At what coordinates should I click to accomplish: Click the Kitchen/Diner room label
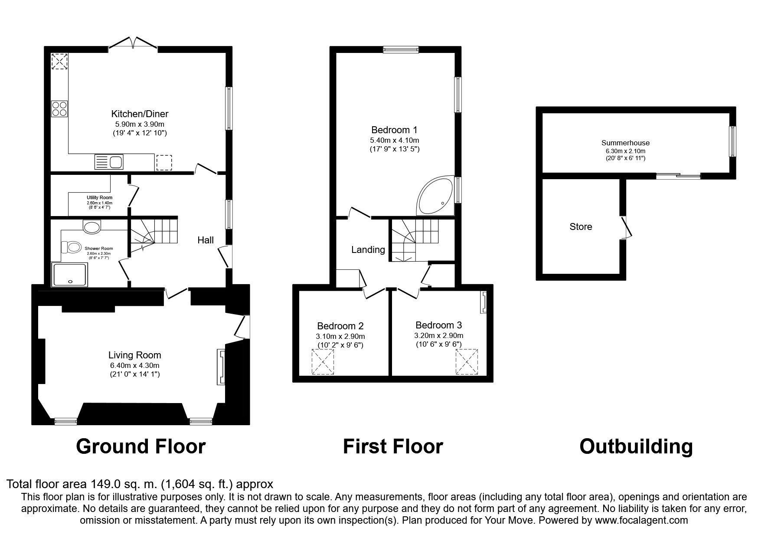(140, 114)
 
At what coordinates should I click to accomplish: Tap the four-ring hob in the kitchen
(59, 108)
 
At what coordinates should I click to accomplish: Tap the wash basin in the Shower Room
(92, 226)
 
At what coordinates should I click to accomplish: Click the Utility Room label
(99, 198)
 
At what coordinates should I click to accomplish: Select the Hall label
(206, 240)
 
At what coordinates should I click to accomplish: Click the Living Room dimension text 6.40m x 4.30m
(134, 366)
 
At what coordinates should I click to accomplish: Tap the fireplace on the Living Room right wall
(221, 367)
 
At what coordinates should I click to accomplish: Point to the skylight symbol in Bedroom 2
(324, 362)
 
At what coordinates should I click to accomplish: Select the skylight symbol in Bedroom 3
(467, 362)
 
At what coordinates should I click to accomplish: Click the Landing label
(368, 249)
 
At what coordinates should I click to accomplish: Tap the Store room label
(581, 226)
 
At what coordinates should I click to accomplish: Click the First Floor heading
(393, 446)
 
